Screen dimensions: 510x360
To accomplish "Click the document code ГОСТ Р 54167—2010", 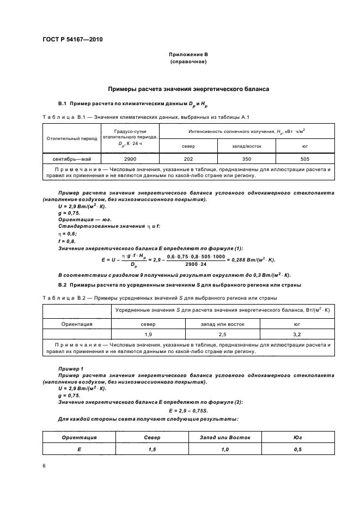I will (72, 40).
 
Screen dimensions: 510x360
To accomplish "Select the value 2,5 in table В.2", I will (223, 333).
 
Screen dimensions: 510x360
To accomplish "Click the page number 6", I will (44, 466).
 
